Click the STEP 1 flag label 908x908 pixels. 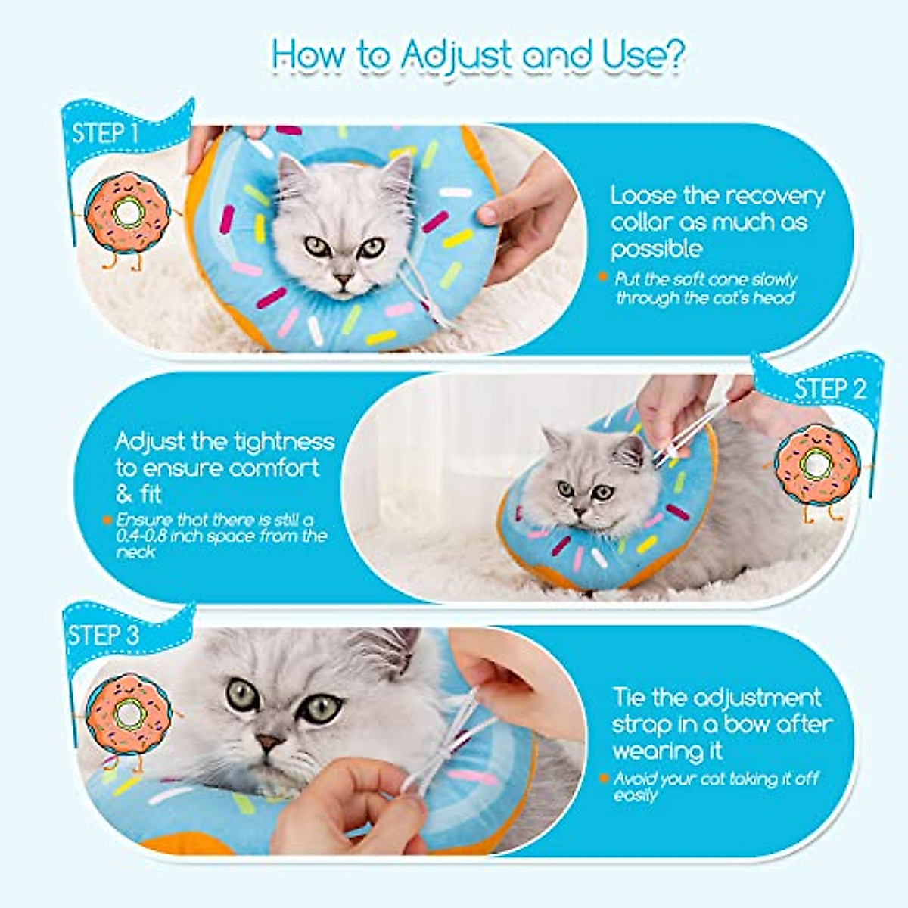click(105, 134)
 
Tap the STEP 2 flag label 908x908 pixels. click(829, 389)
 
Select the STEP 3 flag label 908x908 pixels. click(104, 635)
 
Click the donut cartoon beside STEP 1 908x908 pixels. click(124, 213)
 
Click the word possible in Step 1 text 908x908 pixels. click(657, 250)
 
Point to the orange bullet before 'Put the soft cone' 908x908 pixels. click(602, 278)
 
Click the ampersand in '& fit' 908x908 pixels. click(124, 495)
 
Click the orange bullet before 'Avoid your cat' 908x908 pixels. click(603, 778)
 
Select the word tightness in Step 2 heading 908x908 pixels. click(284, 441)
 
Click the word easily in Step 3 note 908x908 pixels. click(636, 795)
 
